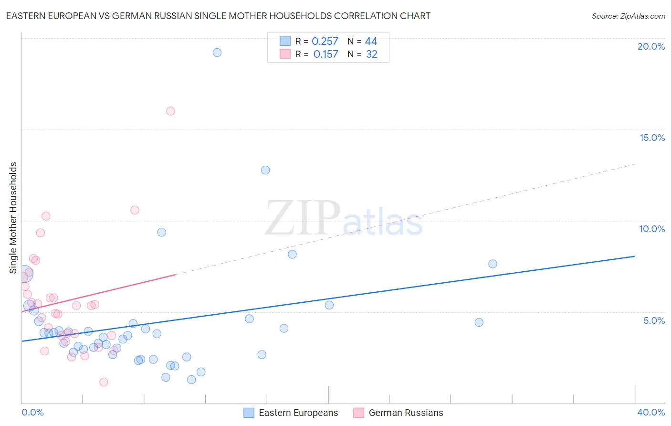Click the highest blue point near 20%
click(x=217, y=53)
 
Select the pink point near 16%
click(x=170, y=111)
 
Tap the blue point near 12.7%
click(x=265, y=170)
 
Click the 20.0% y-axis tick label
click(x=651, y=46)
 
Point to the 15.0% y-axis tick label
click(x=652, y=138)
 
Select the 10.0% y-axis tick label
click(x=652, y=229)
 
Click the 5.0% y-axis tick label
click(x=654, y=320)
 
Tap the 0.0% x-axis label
click(x=32, y=412)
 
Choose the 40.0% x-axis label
click(x=651, y=412)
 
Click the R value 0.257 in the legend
click(x=325, y=42)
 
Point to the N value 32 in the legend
click(x=371, y=54)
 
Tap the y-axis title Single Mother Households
click(x=13, y=218)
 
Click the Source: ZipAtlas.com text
click(x=628, y=16)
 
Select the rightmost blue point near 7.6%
click(x=493, y=264)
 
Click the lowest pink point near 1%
click(x=104, y=382)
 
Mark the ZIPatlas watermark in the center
click(x=344, y=219)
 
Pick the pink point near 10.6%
click(x=135, y=210)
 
